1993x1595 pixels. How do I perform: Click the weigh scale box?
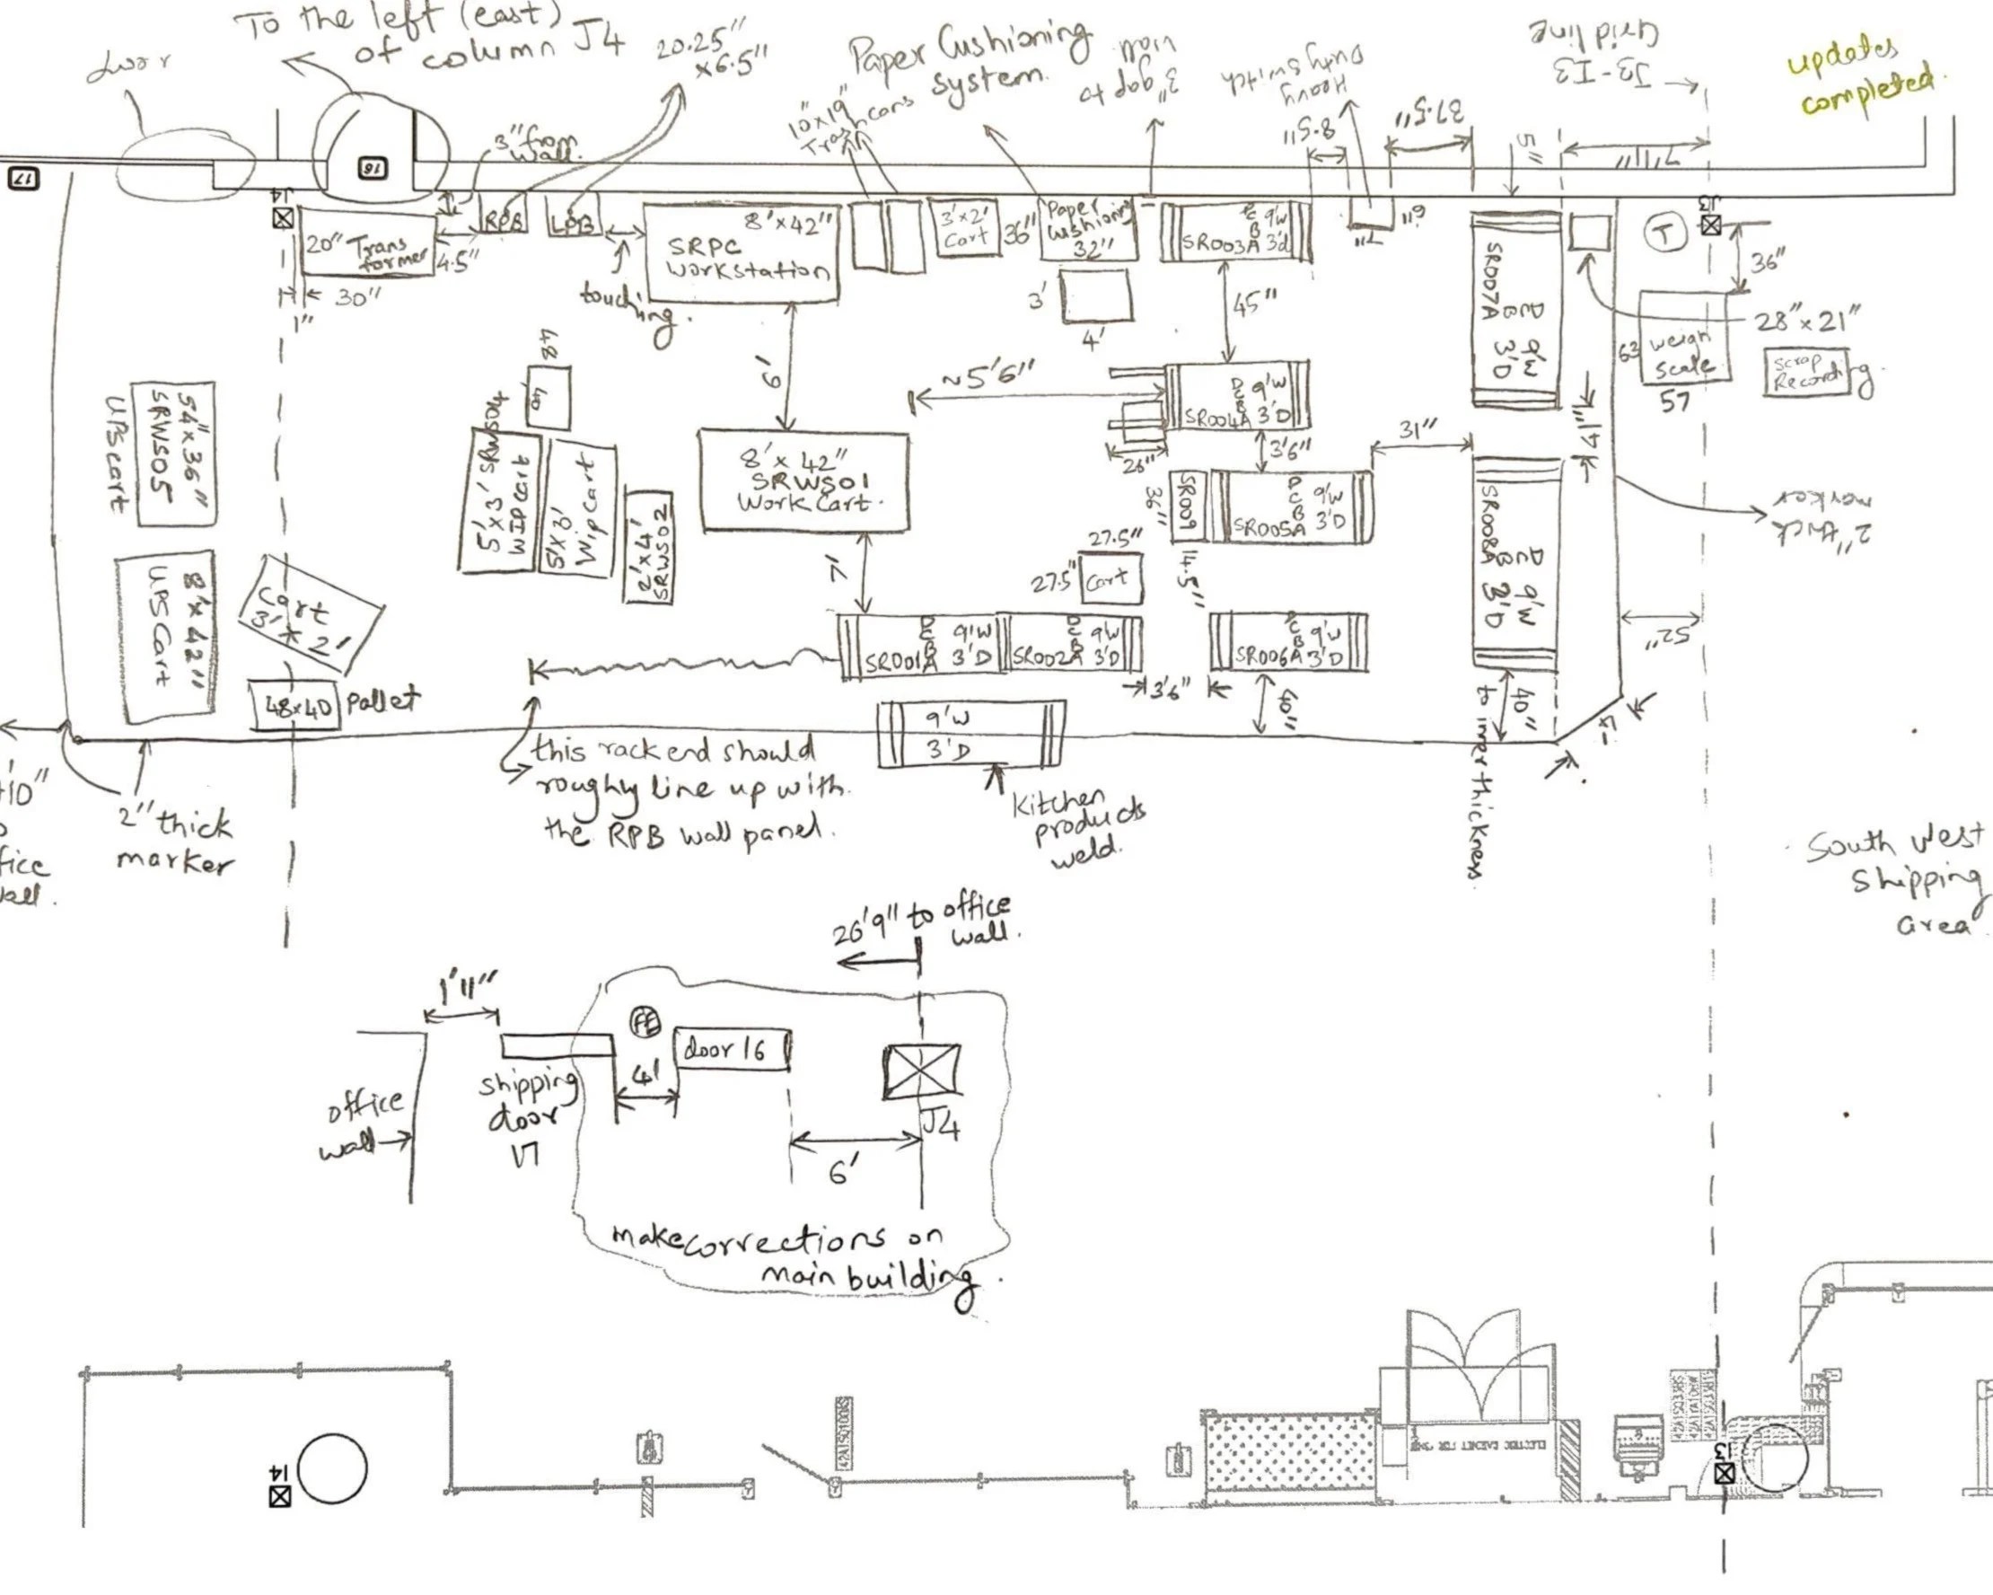1683,338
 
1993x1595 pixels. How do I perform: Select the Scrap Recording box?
1807,372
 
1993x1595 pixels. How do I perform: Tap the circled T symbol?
1664,233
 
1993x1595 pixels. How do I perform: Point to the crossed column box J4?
922,1071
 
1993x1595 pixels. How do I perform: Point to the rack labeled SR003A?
1236,232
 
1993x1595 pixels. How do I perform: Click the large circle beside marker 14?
333,1468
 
